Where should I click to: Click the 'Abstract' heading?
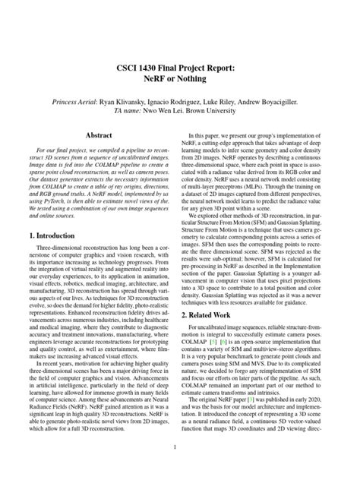point(99,134)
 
